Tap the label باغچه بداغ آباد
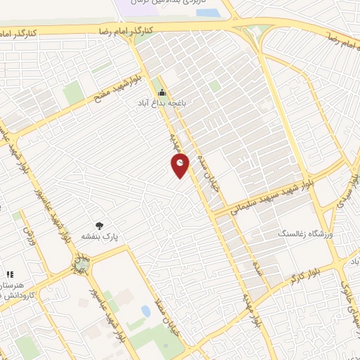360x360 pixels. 163,103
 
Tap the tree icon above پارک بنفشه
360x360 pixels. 100,226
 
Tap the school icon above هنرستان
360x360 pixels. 9,275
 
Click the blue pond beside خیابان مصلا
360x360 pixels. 146,311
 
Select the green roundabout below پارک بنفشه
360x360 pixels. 82,266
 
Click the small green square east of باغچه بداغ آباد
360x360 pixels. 214,86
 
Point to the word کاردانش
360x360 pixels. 13,295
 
